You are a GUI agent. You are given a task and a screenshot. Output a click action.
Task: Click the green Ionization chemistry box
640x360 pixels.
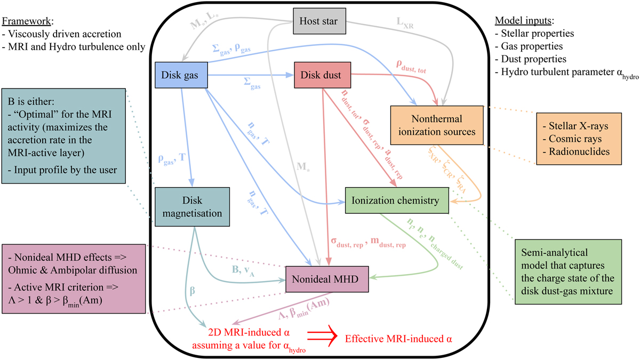pyautogui.click(x=395, y=201)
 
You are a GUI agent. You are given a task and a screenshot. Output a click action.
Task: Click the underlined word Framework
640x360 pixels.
pyautogui.click(x=25, y=23)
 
